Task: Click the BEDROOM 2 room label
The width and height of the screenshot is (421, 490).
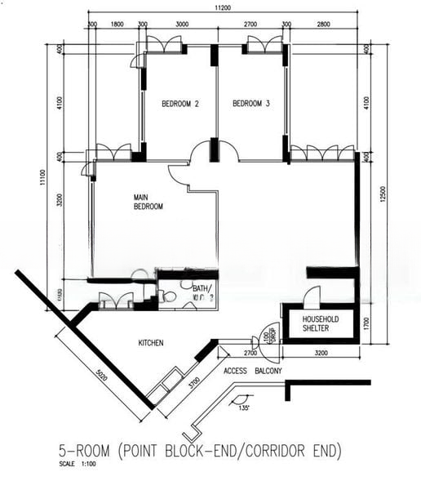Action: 180,104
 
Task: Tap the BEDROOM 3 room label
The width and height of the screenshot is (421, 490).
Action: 251,104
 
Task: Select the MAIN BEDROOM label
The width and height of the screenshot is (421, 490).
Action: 148,203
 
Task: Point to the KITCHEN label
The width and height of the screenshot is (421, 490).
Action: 151,343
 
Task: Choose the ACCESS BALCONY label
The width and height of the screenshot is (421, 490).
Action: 252,372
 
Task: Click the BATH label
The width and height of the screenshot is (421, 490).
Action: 202,290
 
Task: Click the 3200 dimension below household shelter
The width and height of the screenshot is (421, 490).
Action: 321,354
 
